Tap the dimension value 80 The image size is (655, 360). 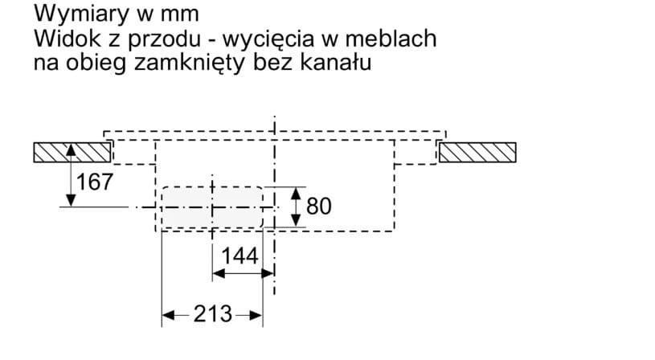click(319, 207)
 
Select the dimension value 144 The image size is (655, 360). click(240, 256)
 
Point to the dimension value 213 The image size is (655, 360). click(212, 314)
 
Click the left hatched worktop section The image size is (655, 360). click(72, 152)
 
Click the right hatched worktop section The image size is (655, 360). click(477, 152)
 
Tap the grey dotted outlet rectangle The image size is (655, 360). click(213, 207)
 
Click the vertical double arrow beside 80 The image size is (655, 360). click(297, 207)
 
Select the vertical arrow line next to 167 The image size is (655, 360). click(72, 174)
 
